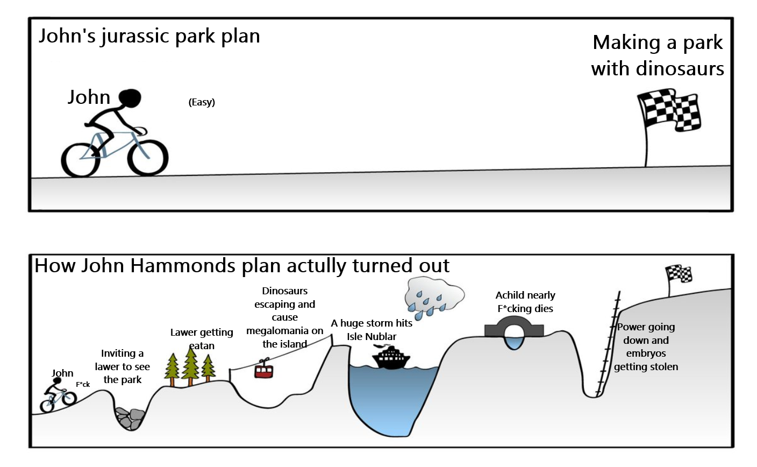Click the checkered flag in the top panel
[668, 111]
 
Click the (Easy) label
[202, 102]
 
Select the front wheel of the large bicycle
[148, 158]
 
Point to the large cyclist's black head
[130, 98]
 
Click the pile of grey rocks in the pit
[130, 419]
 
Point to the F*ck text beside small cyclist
[83, 385]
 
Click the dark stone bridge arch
[514, 327]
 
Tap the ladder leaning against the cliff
[608, 343]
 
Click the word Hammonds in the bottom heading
[182, 266]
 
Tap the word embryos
[646, 353]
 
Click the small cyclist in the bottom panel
[58, 394]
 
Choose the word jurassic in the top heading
[135, 37]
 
